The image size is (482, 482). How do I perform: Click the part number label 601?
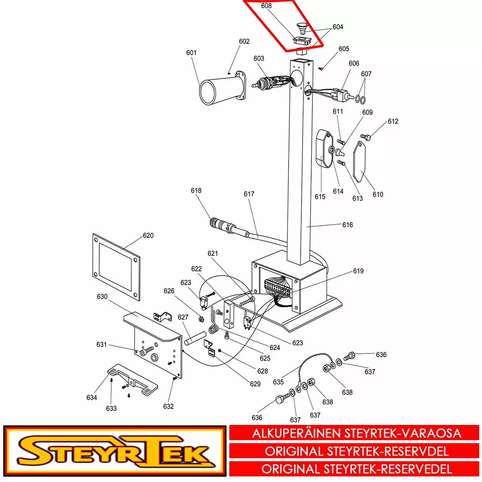[x=191, y=53]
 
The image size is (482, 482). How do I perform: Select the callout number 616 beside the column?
[x=348, y=225]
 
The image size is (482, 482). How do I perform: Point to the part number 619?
[x=358, y=271]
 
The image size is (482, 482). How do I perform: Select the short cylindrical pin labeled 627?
[x=195, y=338]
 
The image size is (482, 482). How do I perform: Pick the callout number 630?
[x=102, y=297]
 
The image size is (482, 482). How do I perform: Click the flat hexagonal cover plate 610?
[x=359, y=162]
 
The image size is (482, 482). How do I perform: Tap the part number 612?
[x=393, y=121]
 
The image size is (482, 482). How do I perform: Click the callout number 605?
[x=344, y=49]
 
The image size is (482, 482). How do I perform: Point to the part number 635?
[x=278, y=382]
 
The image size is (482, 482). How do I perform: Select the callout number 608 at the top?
[x=266, y=6]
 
